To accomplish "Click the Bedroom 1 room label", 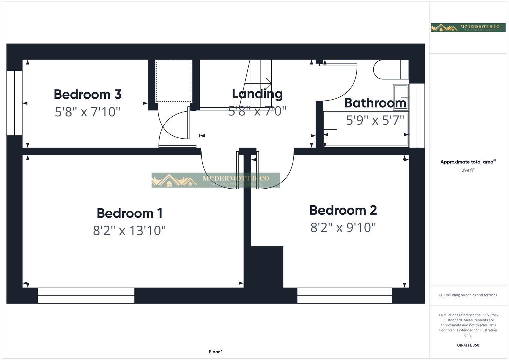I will click(129, 213).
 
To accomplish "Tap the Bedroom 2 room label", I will click(343, 210).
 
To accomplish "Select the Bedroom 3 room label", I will click(87, 94).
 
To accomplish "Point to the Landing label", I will click(257, 94).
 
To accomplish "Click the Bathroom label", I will click(375, 103).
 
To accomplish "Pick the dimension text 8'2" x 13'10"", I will click(129, 230).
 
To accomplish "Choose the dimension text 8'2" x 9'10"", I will click(343, 228).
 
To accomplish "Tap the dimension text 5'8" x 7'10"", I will click(87, 112).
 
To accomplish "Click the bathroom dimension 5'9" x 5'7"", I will click(375, 120).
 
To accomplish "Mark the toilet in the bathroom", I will click(388, 69).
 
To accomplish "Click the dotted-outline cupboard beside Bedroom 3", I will click(174, 81).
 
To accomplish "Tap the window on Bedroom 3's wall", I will click(14, 103).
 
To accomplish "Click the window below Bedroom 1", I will click(86, 296).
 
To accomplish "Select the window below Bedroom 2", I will click(344, 296).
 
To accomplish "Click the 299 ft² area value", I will click(468, 170).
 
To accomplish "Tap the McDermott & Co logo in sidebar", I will click(468, 28).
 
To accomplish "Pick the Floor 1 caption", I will click(216, 352).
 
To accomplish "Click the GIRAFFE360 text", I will click(468, 345).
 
